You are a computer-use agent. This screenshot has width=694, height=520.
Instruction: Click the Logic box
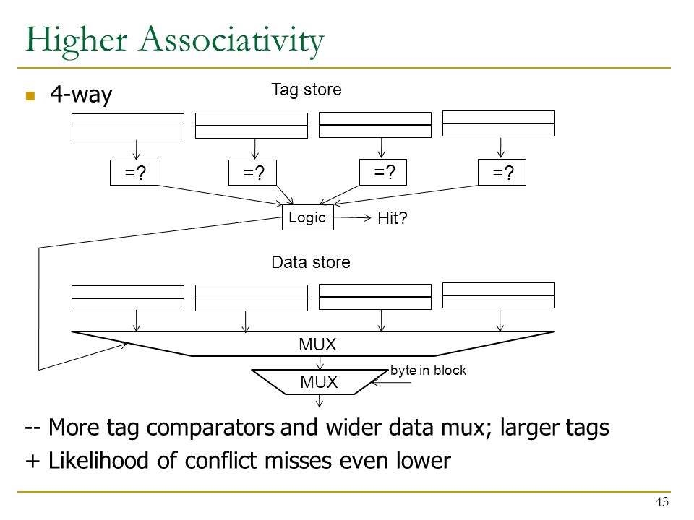[308, 217]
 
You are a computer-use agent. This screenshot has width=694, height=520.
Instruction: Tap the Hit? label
[392, 218]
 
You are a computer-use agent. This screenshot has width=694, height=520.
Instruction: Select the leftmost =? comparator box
[134, 173]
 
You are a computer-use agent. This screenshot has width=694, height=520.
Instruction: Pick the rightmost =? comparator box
[502, 172]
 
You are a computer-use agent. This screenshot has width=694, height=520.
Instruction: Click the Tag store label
[307, 90]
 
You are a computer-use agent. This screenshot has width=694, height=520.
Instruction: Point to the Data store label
[311, 261]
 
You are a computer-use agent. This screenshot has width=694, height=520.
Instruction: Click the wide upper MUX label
[317, 344]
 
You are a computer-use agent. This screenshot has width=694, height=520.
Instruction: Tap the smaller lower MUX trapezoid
[319, 381]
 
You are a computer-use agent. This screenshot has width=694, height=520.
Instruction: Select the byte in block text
[428, 370]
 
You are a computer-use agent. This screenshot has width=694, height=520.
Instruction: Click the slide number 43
[661, 502]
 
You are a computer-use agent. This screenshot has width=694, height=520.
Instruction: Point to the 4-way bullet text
[81, 94]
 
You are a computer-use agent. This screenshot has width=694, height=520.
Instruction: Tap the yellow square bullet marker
[30, 95]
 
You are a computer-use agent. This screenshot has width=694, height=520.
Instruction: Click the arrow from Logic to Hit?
[352, 217]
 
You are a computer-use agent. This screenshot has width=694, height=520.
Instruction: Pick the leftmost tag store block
[128, 126]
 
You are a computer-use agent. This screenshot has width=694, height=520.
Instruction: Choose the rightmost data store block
[499, 295]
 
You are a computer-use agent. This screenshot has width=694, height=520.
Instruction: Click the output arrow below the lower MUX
[319, 401]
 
